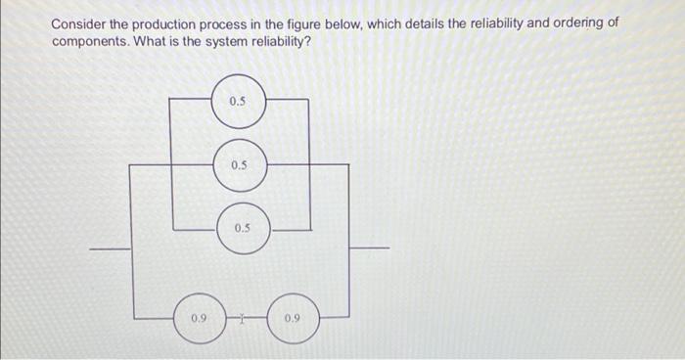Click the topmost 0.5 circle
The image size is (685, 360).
[239, 102]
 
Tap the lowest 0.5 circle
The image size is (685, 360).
[242, 228]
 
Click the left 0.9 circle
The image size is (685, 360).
[199, 318]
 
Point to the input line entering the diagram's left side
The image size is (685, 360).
[110, 248]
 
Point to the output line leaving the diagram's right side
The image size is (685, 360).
[371, 248]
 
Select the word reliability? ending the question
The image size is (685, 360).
[280, 44]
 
